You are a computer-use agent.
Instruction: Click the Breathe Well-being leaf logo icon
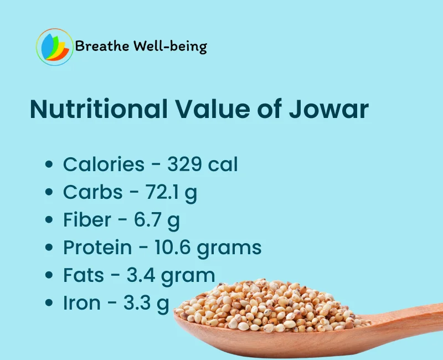point(54,47)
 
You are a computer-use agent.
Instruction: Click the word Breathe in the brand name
point(102,46)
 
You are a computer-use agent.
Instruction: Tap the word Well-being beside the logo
point(171,47)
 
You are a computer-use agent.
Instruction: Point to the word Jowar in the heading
point(328,109)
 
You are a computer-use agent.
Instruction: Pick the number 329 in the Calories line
point(184,164)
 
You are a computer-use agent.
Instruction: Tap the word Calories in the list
point(104,164)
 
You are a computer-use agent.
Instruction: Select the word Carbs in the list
point(92,192)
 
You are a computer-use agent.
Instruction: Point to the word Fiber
point(87,219)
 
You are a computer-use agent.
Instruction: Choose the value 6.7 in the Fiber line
point(147,219)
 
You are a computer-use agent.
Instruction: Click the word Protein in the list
point(97,247)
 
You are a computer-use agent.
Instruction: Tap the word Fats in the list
point(84,275)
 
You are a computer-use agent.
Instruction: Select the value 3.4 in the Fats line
point(141,275)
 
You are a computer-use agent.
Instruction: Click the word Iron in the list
point(81,302)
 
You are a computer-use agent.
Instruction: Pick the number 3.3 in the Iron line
point(137,302)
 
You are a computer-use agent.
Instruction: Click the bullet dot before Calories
point(49,164)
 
